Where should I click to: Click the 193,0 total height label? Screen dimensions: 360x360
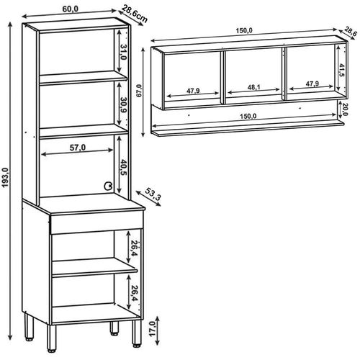5,177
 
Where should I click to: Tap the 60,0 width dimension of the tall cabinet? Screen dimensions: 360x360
71,9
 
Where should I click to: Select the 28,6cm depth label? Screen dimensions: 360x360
134,14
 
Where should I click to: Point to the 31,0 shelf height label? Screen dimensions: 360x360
124,52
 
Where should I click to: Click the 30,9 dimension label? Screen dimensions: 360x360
124,105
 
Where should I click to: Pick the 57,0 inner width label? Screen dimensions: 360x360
78,148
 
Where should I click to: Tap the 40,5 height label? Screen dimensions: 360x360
123,167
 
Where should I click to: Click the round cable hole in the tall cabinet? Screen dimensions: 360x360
107,186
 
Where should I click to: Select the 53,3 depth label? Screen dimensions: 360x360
153,194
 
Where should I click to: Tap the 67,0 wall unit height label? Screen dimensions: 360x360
139,91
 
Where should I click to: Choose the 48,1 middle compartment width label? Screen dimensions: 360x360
254,87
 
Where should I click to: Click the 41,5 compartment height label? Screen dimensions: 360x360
342,71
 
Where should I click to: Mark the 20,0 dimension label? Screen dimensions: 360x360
345,109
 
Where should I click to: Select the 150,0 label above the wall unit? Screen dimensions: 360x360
244,31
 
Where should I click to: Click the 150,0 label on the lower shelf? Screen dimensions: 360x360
248,116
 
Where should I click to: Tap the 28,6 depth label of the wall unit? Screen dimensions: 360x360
350,32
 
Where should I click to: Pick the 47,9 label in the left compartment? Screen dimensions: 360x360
193,91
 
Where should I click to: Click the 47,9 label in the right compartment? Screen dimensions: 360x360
312,84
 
